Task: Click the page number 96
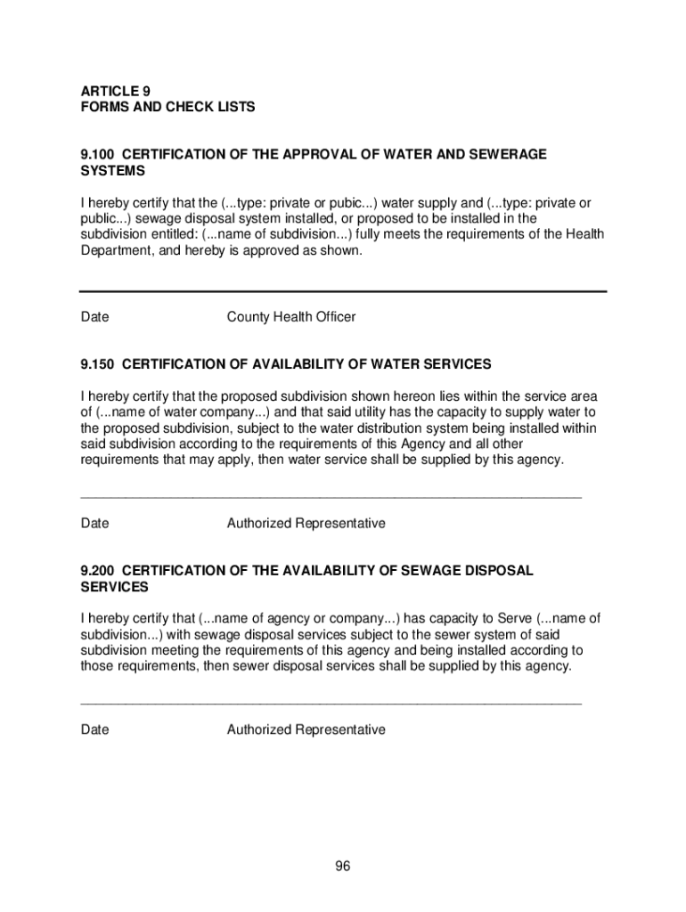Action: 343,867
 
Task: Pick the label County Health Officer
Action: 291,317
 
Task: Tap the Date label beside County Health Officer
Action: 95,317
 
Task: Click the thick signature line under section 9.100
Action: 343,291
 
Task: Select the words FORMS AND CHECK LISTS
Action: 168,107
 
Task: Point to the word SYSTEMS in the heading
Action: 112,170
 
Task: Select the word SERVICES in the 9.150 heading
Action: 453,364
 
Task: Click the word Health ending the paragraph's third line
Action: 583,235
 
